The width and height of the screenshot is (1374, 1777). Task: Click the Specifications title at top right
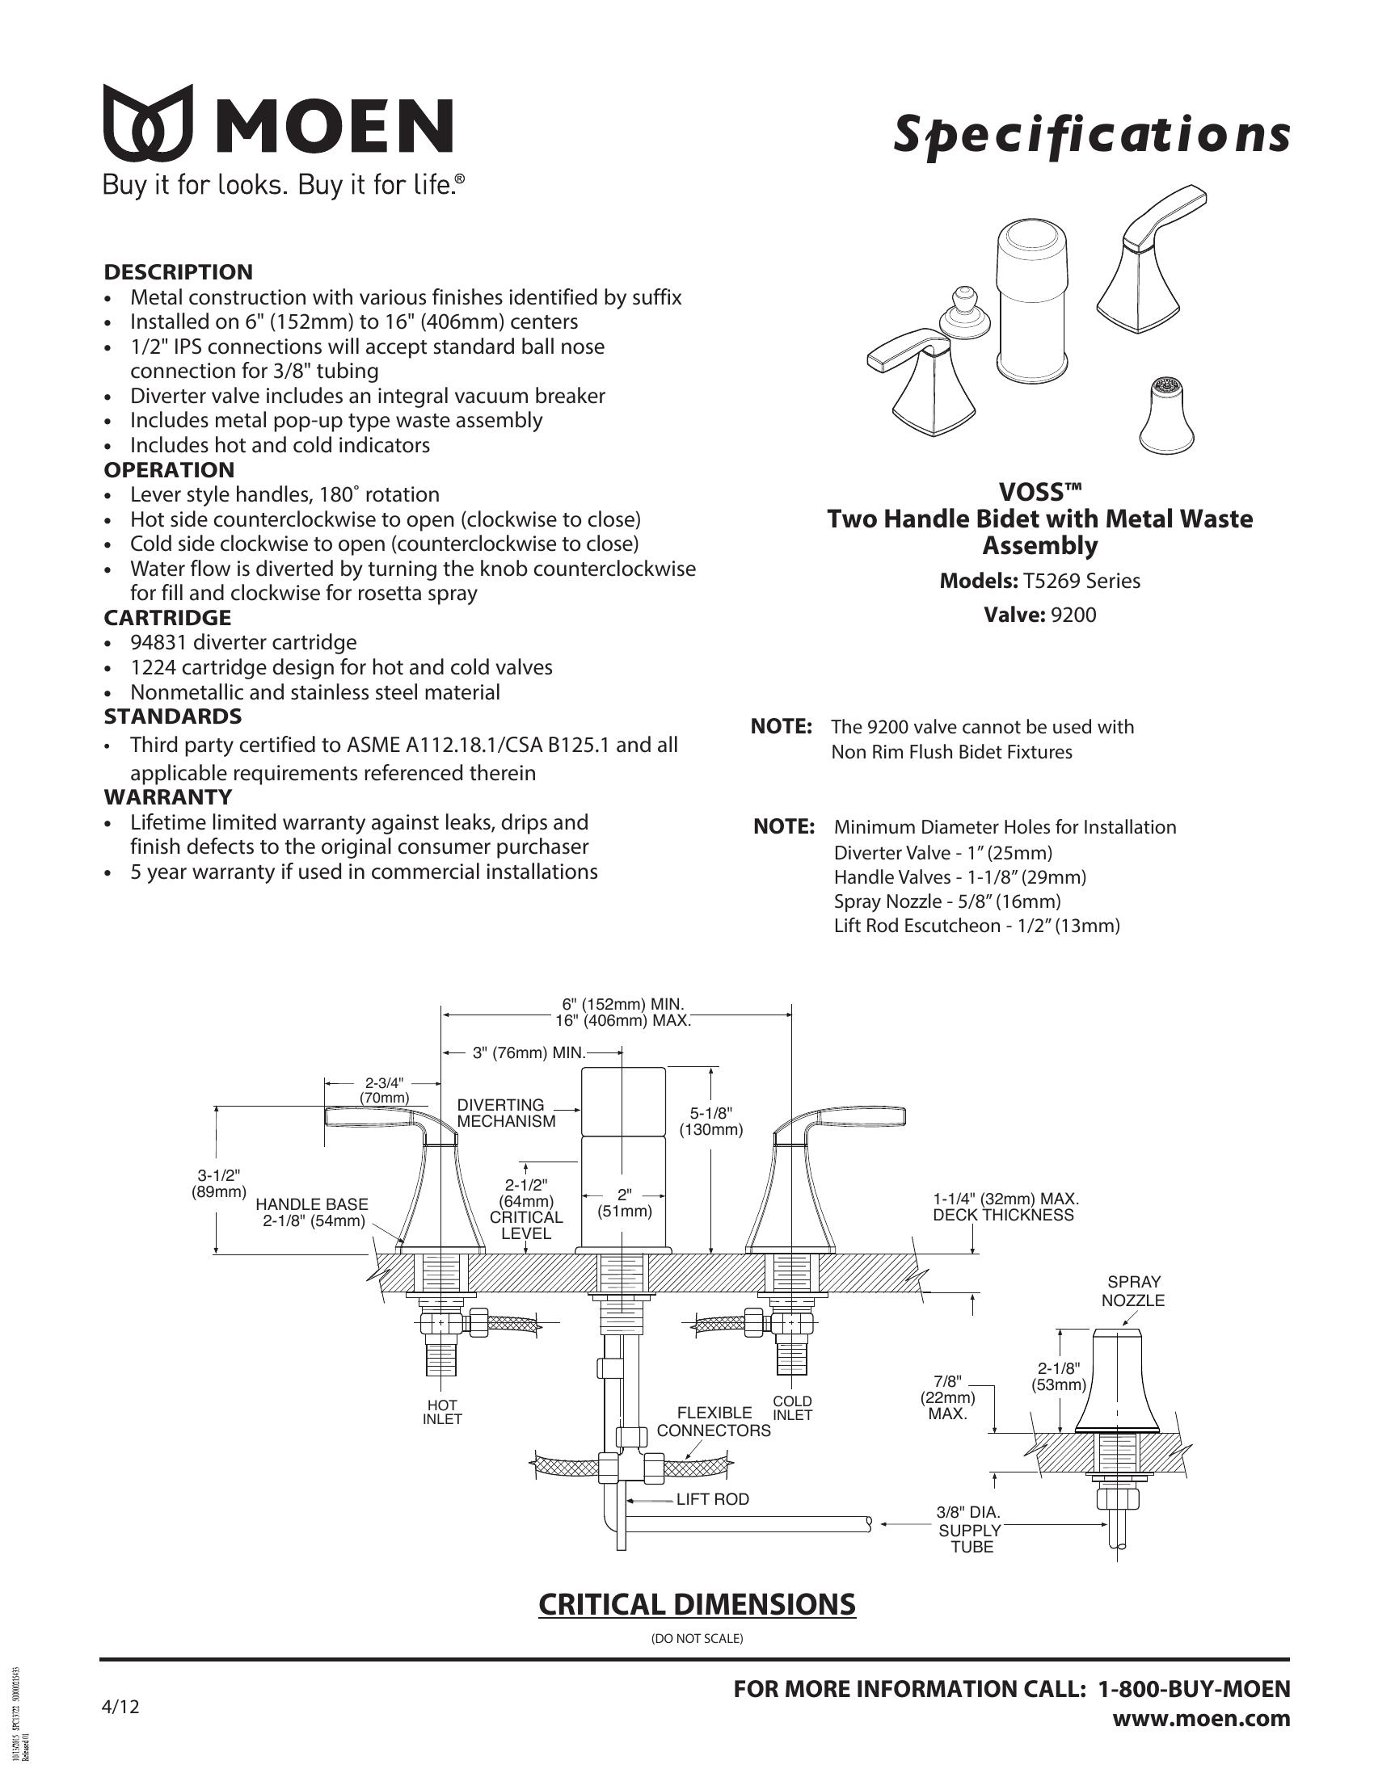pyautogui.click(x=1091, y=134)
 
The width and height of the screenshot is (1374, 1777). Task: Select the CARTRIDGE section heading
pyautogui.click(x=166, y=618)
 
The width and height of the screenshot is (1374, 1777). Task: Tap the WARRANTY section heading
pyautogui.click(x=167, y=796)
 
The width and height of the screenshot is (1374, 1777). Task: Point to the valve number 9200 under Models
pyautogui.click(x=1073, y=615)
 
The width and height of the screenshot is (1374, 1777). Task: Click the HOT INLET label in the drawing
pyautogui.click(x=442, y=1412)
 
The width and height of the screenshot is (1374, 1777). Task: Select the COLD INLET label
pyautogui.click(x=792, y=1408)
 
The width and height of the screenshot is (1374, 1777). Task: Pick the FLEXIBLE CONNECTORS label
pyautogui.click(x=714, y=1422)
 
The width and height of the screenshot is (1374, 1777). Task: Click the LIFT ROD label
pyautogui.click(x=712, y=1500)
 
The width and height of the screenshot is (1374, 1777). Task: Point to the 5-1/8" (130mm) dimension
pyautogui.click(x=711, y=1121)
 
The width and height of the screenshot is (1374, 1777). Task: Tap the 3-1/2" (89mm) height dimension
pyautogui.click(x=219, y=1184)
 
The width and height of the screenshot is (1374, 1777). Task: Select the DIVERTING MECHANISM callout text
pyautogui.click(x=506, y=1113)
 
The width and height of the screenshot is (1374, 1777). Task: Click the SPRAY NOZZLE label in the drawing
pyautogui.click(x=1133, y=1292)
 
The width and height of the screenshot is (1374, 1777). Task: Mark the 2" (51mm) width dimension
pyautogui.click(x=625, y=1204)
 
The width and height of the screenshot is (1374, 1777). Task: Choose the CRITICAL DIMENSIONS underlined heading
pyautogui.click(x=697, y=1604)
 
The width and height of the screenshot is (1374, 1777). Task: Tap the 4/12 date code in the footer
pyautogui.click(x=120, y=1706)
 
